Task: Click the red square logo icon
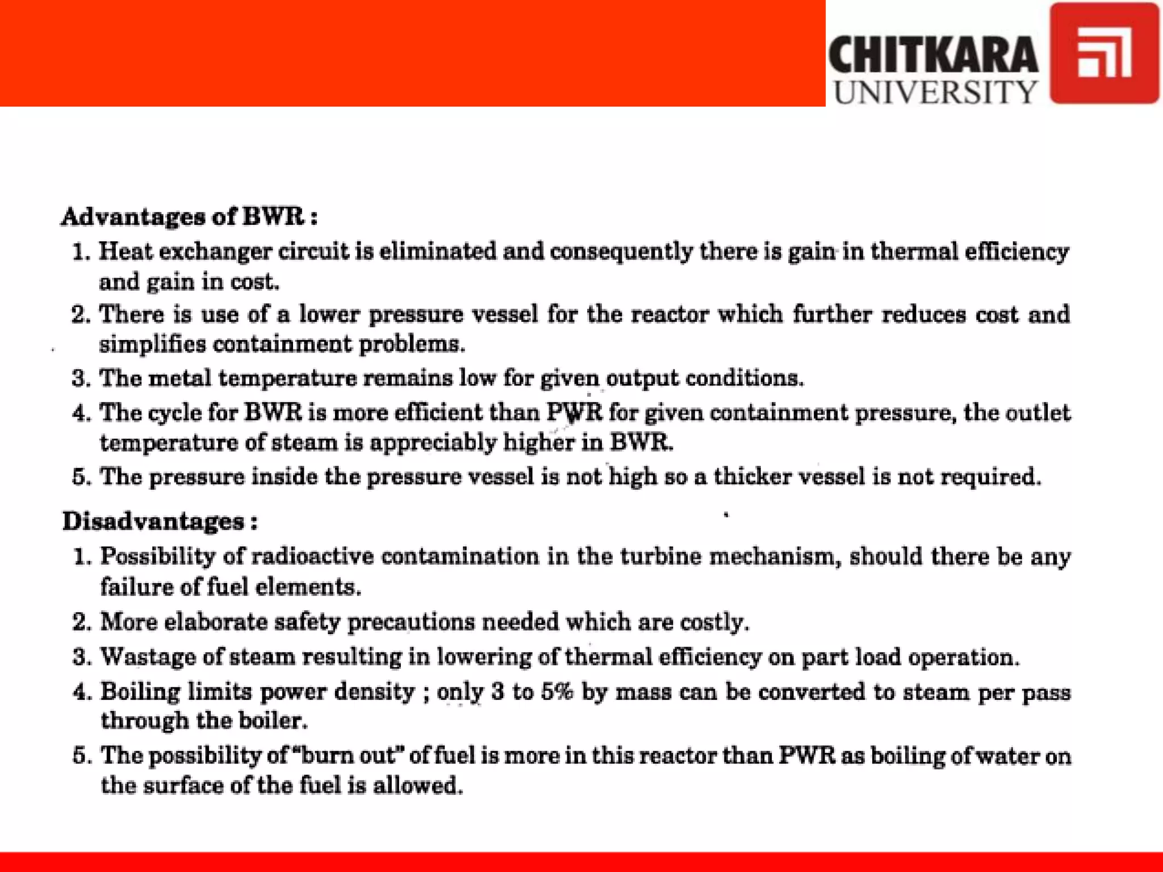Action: point(1104,53)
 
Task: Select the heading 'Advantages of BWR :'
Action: point(189,216)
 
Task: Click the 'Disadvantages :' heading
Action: point(160,521)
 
